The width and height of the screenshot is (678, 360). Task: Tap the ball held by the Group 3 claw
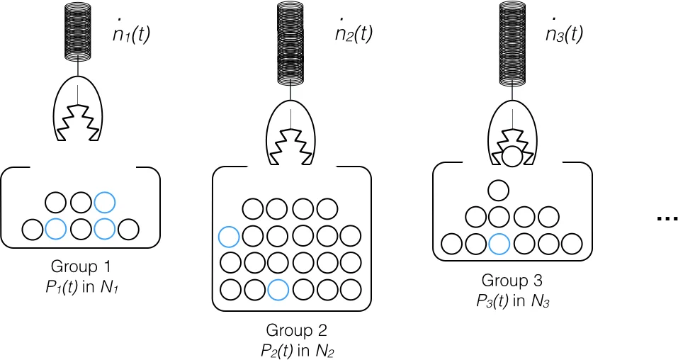point(511,154)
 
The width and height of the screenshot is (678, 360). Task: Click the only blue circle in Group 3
point(499,244)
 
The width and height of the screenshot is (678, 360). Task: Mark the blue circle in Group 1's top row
point(104,203)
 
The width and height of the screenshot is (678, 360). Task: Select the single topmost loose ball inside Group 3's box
point(499,190)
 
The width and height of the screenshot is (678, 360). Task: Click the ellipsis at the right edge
point(667,219)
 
